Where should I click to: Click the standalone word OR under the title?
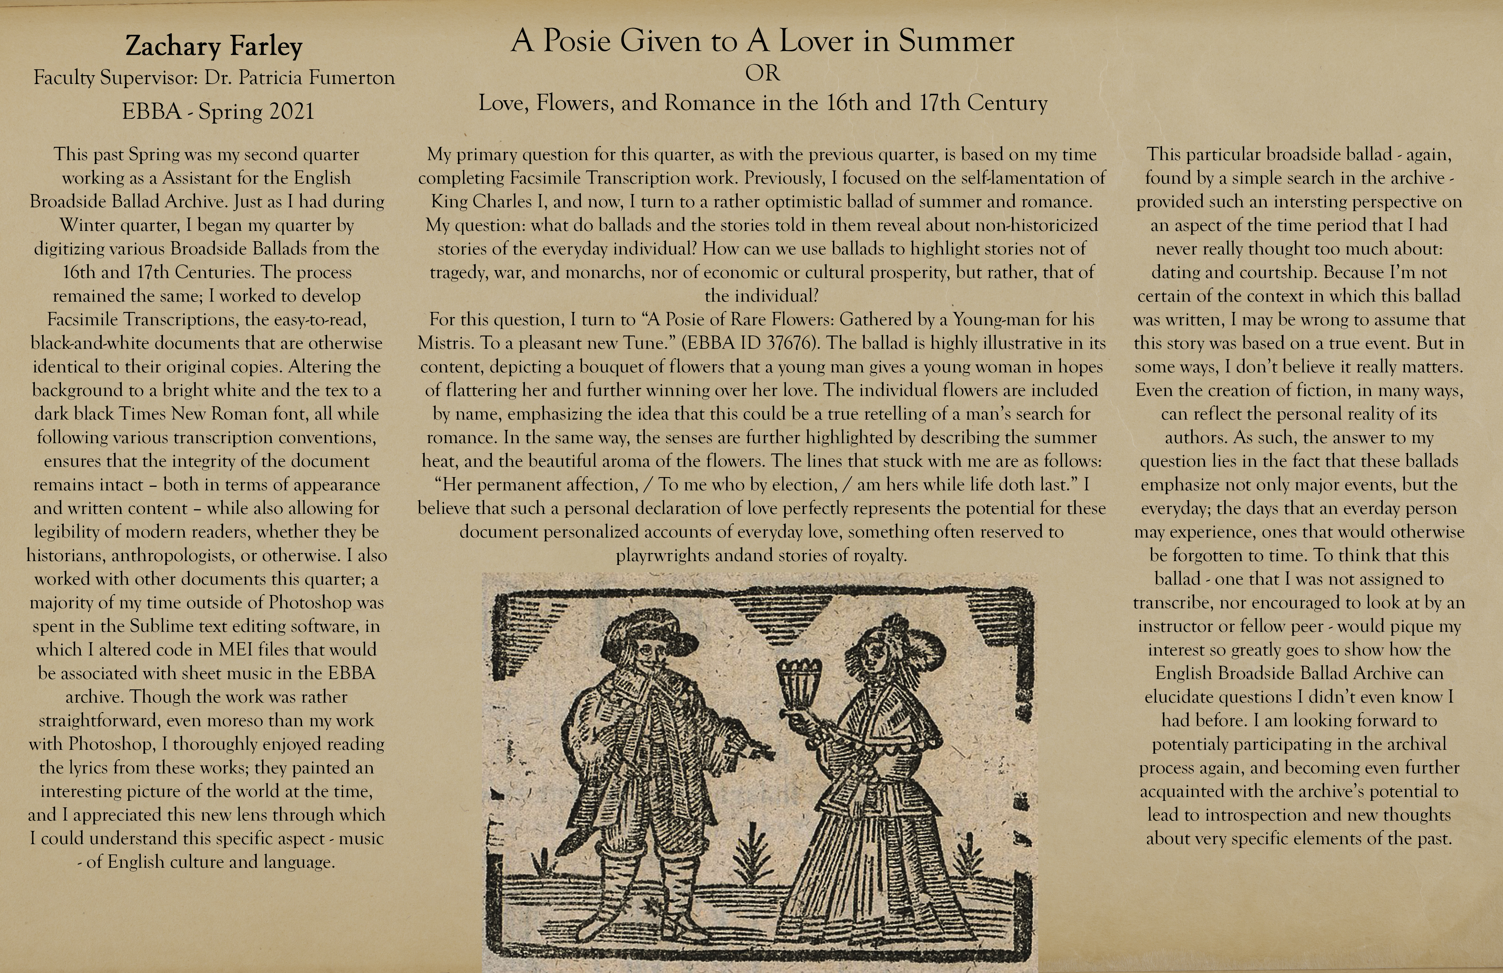pyautogui.click(x=762, y=73)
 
